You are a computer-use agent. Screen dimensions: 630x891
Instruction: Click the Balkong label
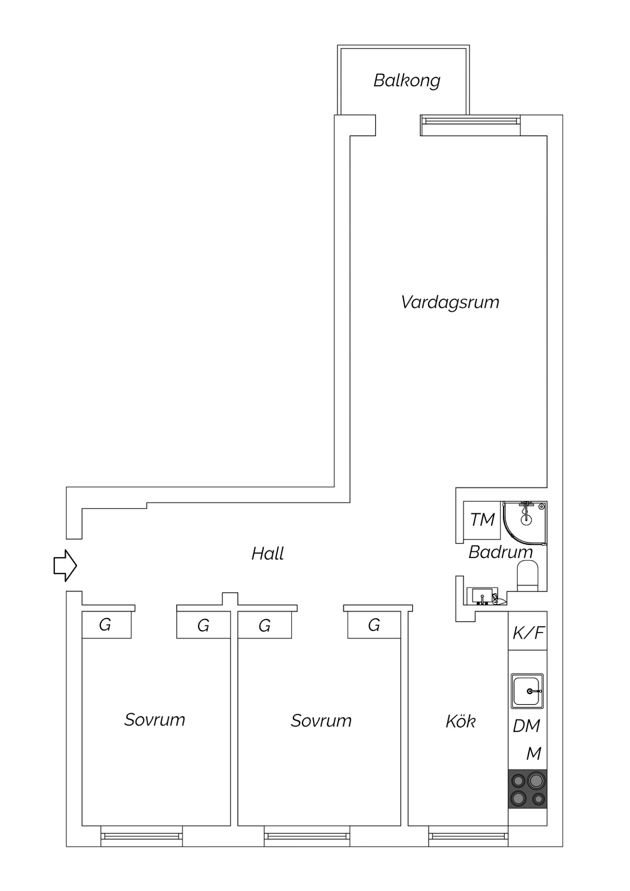tap(407, 81)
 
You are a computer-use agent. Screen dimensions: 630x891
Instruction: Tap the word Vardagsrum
tap(450, 302)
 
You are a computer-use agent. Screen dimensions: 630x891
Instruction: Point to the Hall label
tap(268, 554)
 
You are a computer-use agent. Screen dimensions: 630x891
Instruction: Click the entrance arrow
tap(65, 565)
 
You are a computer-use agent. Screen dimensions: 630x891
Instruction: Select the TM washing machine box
tap(482, 520)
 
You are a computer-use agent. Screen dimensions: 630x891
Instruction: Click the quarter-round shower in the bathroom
tap(525, 523)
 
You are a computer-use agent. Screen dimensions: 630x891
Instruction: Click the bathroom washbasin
tap(482, 596)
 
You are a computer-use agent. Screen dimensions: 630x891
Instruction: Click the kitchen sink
tap(527, 691)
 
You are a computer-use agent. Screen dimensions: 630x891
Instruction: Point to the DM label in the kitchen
tap(526, 726)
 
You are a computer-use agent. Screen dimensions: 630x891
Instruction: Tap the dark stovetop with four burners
tap(528, 789)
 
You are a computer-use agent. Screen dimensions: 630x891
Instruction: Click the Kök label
tap(461, 721)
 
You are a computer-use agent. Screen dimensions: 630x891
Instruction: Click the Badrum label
tap(500, 552)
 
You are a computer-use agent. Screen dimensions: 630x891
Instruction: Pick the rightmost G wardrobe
tap(374, 625)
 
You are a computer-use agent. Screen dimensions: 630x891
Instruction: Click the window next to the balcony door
tap(470, 125)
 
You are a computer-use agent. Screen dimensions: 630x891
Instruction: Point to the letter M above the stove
tap(534, 754)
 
